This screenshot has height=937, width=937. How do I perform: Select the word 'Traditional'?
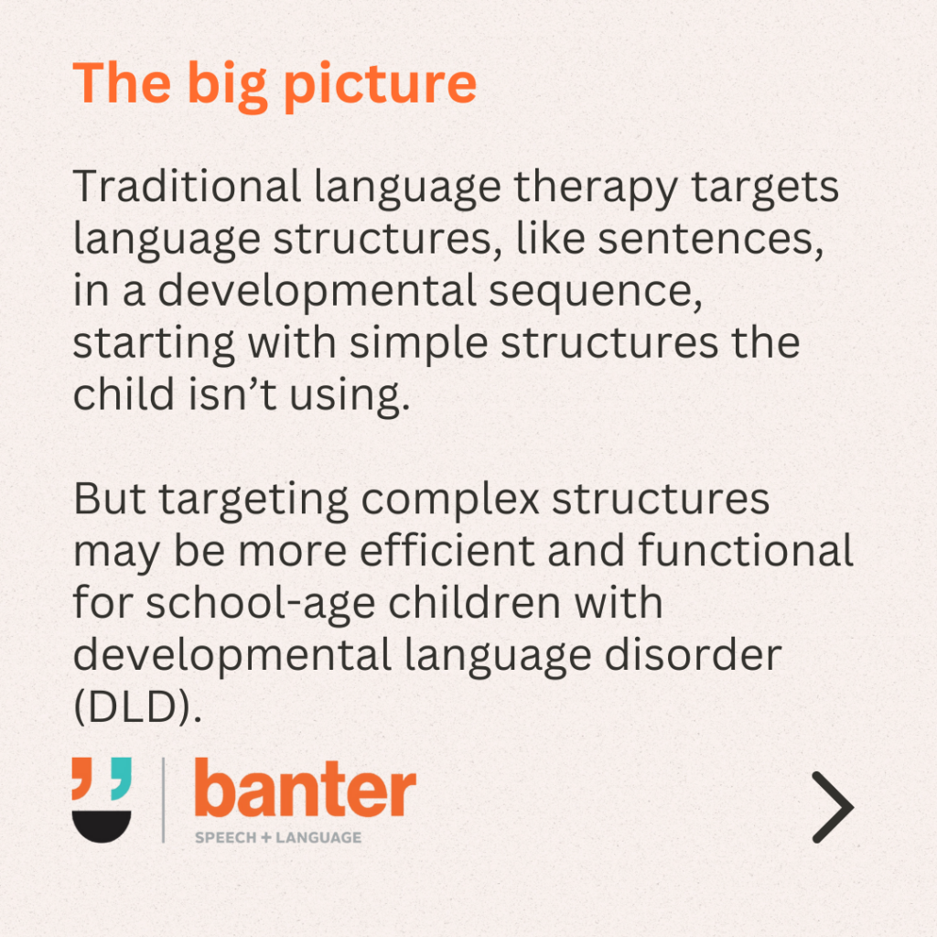[x=187, y=186]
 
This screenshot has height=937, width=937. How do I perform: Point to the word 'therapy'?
[x=596, y=188]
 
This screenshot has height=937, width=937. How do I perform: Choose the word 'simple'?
[x=418, y=345]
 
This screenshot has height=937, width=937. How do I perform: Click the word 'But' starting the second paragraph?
[x=110, y=498]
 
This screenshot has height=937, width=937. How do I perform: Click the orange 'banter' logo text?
[x=306, y=788]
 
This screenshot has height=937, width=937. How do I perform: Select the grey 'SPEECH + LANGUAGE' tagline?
[x=278, y=837]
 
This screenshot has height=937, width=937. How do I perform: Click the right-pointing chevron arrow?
[x=834, y=807]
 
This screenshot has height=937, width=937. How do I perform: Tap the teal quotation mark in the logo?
[x=122, y=778]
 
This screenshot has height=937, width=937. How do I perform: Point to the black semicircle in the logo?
[x=102, y=826]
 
